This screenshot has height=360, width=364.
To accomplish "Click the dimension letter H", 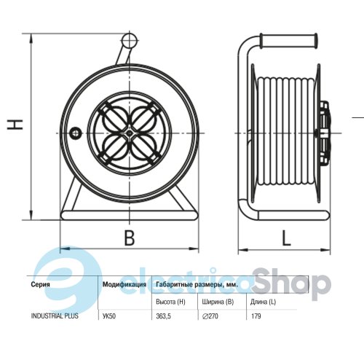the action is point(15,125).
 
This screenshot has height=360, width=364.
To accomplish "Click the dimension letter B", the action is point(130,238).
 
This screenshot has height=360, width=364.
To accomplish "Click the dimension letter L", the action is point(286,238).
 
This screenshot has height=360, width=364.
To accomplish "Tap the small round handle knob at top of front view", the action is point(130,41).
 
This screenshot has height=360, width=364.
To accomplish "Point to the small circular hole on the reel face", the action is point(76,133).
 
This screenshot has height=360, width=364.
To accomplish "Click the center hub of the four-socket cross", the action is point(130,133).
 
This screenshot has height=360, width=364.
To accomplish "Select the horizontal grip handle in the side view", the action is point(288,41).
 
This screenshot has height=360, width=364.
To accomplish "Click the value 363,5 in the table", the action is point(163,316).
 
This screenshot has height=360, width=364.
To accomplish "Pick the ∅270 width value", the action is point(210,316).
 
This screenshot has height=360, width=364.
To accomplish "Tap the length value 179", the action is point(256,316).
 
